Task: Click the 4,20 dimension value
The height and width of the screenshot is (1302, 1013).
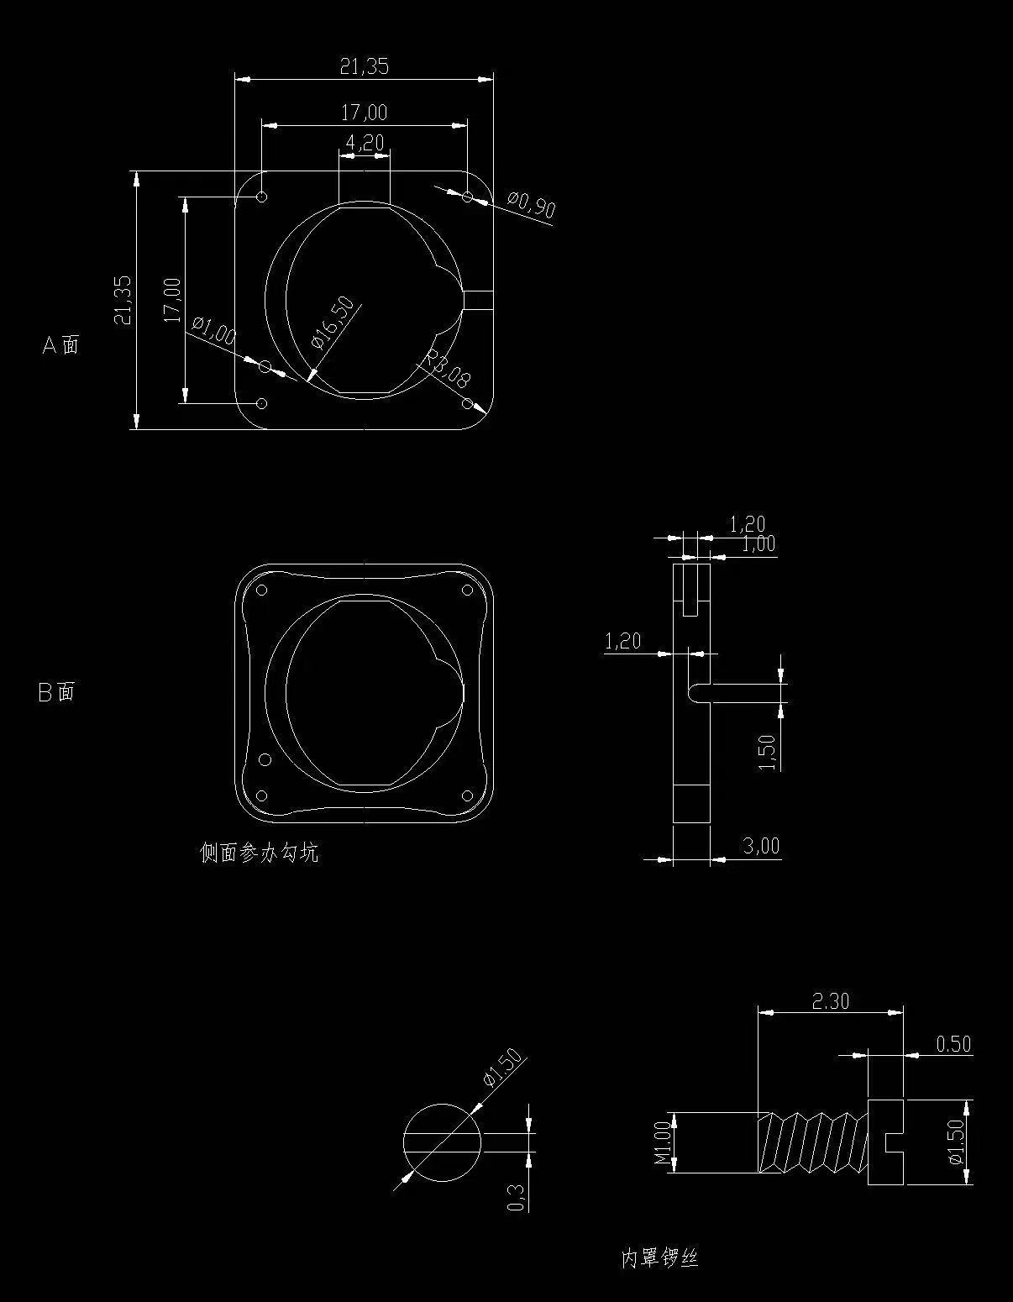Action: click(365, 143)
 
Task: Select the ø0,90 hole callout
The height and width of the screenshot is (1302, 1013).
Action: click(532, 204)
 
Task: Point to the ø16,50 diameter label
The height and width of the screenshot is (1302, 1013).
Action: click(333, 322)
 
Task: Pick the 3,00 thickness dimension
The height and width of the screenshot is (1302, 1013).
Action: click(761, 845)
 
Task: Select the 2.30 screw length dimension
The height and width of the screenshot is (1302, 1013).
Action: click(830, 1001)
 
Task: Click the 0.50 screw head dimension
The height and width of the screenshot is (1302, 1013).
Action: click(953, 1044)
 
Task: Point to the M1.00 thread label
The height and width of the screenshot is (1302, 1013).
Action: click(662, 1142)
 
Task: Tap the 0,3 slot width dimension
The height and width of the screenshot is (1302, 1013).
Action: click(517, 1197)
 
